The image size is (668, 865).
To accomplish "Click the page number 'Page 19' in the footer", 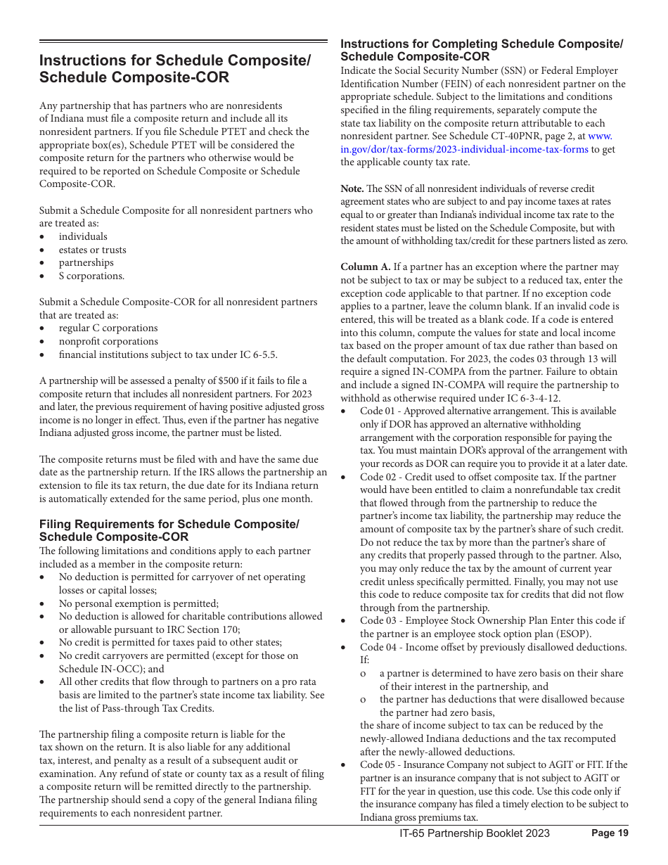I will tap(610, 833).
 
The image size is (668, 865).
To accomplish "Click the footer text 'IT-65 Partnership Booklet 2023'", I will tap(475, 833).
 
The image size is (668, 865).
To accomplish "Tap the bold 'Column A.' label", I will tap(366, 267).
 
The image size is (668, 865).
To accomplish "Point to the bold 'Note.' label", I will tap(352, 188).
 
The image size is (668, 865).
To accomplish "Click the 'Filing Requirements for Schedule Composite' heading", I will tap(169, 530).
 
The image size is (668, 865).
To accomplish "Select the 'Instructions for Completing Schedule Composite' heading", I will tap(482, 50).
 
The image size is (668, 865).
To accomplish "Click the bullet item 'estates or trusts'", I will tap(92, 250).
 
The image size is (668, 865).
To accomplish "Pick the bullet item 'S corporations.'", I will tap(91, 276).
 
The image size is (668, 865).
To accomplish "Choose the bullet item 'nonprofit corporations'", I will tap(108, 341).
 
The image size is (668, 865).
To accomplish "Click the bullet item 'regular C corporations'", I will tap(108, 328).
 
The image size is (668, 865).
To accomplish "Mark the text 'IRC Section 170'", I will tap(204, 629).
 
